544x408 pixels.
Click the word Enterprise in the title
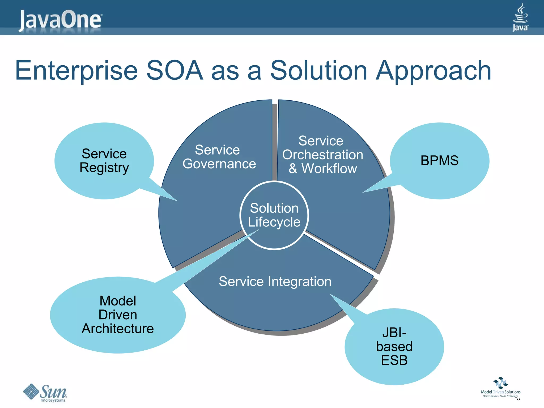pyautogui.click(x=76, y=71)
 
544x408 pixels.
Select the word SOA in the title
pyautogui.click(x=175, y=70)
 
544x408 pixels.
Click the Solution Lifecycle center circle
pyautogui.click(x=274, y=215)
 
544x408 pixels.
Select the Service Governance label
pyautogui.click(x=219, y=157)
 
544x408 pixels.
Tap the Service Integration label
pyautogui.click(x=275, y=281)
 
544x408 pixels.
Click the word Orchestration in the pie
pyautogui.click(x=322, y=155)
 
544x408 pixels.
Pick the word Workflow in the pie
pyautogui.click(x=329, y=168)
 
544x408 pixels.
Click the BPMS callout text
pyautogui.click(x=439, y=160)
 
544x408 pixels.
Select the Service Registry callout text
pyautogui.click(x=104, y=160)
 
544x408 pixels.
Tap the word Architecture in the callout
pyautogui.click(x=117, y=329)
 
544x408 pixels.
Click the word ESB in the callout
pyautogui.click(x=394, y=360)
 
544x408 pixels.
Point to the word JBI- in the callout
pyautogui.click(x=394, y=333)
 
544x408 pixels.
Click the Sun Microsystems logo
pyautogui.click(x=45, y=393)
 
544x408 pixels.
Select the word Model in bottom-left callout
pyautogui.click(x=118, y=301)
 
